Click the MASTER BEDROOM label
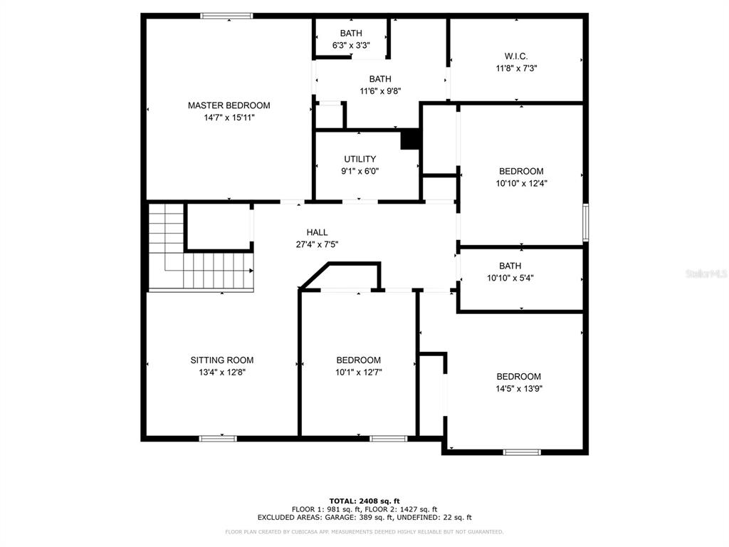229,105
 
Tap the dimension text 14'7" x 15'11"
229,118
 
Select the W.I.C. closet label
516,56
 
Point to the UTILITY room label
360,159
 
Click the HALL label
317,232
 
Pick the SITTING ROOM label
222,360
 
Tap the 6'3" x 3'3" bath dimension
351,45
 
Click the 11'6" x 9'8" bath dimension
380,91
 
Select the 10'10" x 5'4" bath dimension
510,278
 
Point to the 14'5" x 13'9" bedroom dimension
519,389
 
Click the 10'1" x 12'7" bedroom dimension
359,372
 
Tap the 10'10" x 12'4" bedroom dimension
521,183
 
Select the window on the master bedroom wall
226,16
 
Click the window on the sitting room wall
218,438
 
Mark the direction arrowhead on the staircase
251,270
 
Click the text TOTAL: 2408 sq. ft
364,501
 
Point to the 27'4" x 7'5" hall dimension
317,244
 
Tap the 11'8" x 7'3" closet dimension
516,68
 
